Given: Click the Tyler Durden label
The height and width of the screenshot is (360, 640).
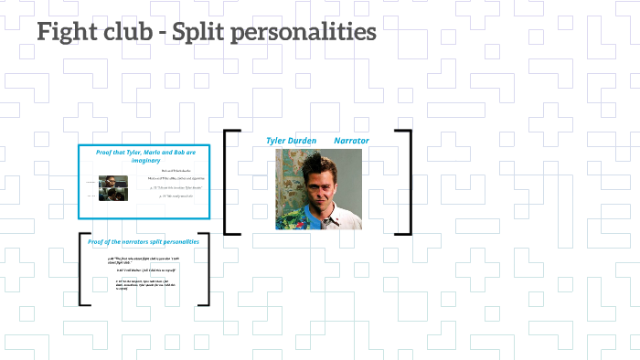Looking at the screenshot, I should pos(291,141).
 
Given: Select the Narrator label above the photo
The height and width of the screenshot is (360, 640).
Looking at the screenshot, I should pos(351,141).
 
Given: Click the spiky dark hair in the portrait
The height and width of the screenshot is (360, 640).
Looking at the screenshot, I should pos(316,160).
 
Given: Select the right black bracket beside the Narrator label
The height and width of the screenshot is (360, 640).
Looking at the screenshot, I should pos(408,182).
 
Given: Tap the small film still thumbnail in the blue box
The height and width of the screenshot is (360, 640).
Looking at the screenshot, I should pos(113,187).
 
